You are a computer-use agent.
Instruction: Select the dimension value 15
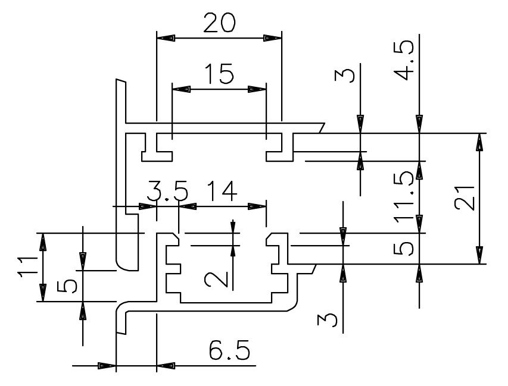click(219, 74)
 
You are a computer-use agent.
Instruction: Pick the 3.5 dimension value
click(167, 192)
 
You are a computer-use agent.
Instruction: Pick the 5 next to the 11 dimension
click(69, 286)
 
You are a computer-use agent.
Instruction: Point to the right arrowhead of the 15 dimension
click(258, 90)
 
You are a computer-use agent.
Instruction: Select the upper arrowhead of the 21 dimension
click(479, 141)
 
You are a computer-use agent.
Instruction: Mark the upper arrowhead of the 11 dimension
click(42, 241)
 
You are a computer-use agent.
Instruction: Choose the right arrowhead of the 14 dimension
click(258, 206)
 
